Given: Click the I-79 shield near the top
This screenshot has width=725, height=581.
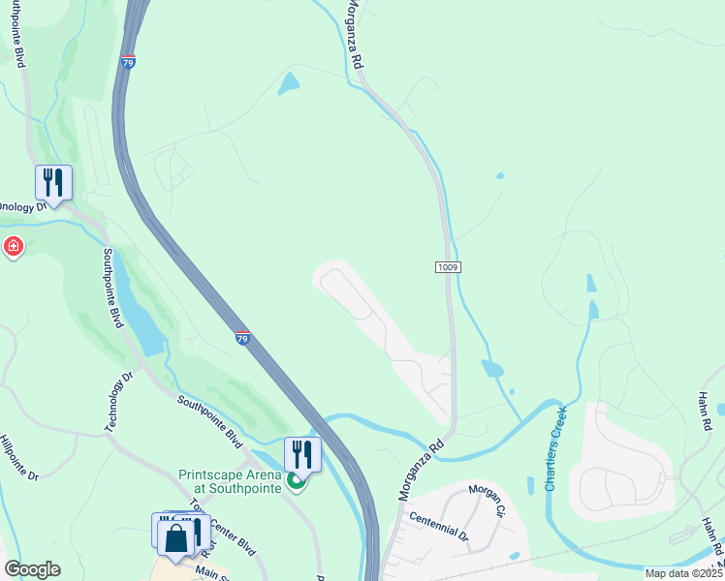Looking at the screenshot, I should [129, 62].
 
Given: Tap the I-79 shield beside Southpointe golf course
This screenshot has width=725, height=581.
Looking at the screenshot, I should [242, 337].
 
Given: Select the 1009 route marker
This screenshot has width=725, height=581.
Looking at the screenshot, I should [447, 266].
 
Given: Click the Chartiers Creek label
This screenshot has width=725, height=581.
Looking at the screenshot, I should [554, 447].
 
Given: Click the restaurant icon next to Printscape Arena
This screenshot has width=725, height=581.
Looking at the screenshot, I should [302, 453].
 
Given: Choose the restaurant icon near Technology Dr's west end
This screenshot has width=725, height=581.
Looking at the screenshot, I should [53, 182].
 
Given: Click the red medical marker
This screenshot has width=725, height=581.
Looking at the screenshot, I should [13, 247].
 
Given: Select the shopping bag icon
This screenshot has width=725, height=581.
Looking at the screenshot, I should [176, 538].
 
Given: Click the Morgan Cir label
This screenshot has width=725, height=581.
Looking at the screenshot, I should [488, 499].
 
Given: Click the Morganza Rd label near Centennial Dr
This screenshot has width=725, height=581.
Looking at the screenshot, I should [420, 469].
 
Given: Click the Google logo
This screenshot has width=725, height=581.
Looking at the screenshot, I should [32, 569].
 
